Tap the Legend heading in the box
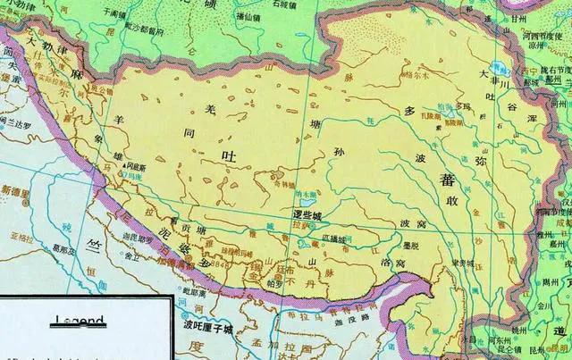[80, 319]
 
